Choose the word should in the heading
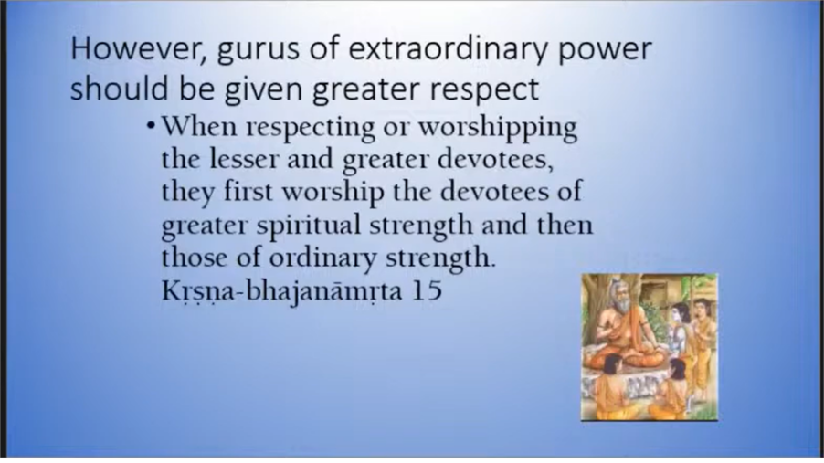[120, 88]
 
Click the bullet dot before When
[152, 126]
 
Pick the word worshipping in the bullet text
[498, 128]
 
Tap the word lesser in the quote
[243, 159]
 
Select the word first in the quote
[248, 192]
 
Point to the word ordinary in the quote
[322, 259]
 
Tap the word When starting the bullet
[199, 127]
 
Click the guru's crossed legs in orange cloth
[626, 357]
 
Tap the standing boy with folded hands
[703, 342]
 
